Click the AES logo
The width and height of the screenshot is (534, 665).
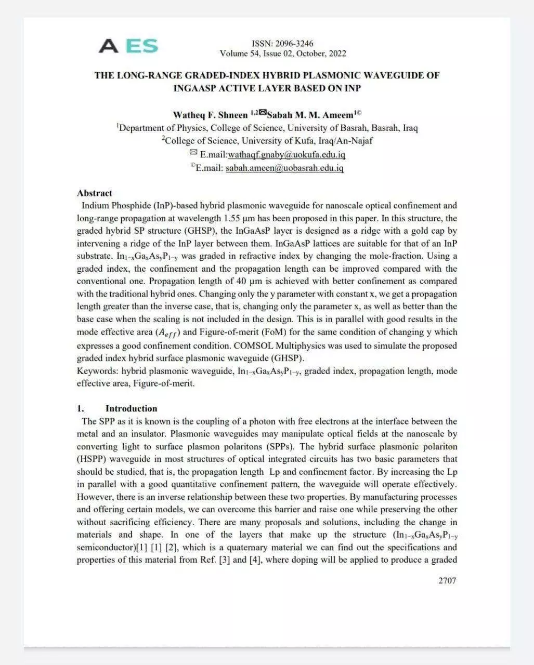tap(128, 46)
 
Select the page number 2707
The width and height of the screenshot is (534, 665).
tap(447, 580)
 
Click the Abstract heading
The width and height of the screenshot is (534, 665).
tap(95, 193)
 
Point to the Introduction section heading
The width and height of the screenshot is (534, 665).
tap(131, 408)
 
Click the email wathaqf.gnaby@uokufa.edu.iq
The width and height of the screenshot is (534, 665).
tap(286, 155)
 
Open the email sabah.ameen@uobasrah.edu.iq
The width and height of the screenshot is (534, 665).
tap(284, 168)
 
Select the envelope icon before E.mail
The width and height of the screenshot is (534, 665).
tap(193, 153)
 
